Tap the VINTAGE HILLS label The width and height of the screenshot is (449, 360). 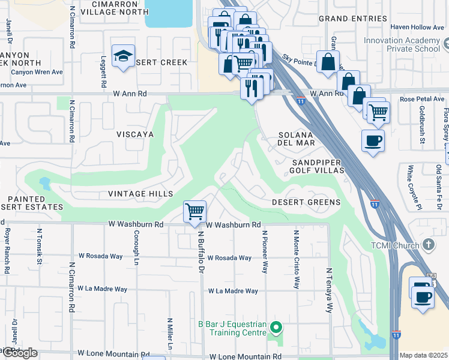click(140, 194)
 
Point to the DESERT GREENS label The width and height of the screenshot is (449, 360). click(306, 202)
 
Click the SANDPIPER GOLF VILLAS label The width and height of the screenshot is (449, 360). click(318, 167)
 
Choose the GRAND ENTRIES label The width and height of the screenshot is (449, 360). click(352, 19)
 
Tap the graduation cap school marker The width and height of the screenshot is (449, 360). click(124, 56)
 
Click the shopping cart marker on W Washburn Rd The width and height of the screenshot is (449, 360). click(194, 212)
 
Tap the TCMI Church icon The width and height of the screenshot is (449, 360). click(428, 244)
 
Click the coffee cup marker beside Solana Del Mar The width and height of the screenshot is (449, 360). click(373, 140)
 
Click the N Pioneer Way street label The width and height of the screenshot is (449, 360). click(264, 251)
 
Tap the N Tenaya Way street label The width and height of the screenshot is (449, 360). click(329, 290)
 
